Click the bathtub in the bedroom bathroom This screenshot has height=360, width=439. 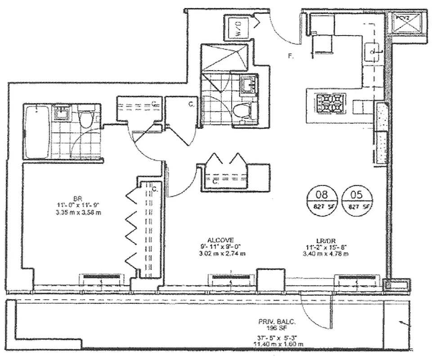coord(36,131)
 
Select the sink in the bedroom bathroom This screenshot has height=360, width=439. coord(61,112)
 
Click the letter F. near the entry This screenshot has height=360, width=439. coord(291,56)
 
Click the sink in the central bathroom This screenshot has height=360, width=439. coord(248,84)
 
